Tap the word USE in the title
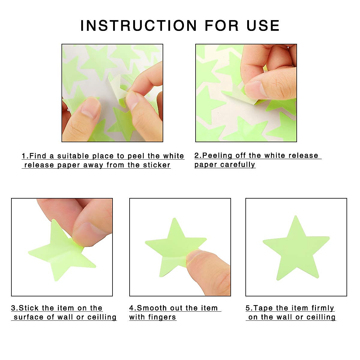(263, 25)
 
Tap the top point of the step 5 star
(296, 217)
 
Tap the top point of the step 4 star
(173, 219)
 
